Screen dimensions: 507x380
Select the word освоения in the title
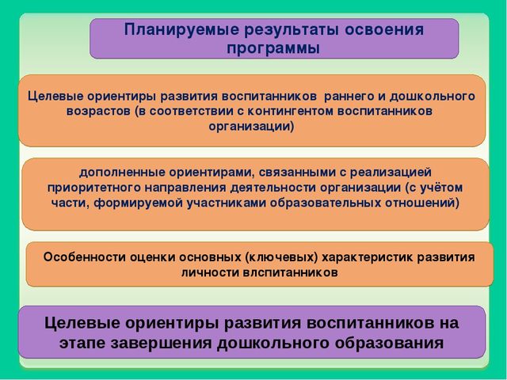384,29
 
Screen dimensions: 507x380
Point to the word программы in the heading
273,48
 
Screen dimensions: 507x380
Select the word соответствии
192,111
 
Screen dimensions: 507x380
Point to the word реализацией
391,173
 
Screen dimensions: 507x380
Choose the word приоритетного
94,188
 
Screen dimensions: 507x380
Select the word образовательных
325,203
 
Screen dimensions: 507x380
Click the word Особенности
85,257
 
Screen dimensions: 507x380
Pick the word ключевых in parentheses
281,257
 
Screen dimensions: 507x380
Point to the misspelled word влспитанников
290,272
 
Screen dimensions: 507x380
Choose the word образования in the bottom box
389,343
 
